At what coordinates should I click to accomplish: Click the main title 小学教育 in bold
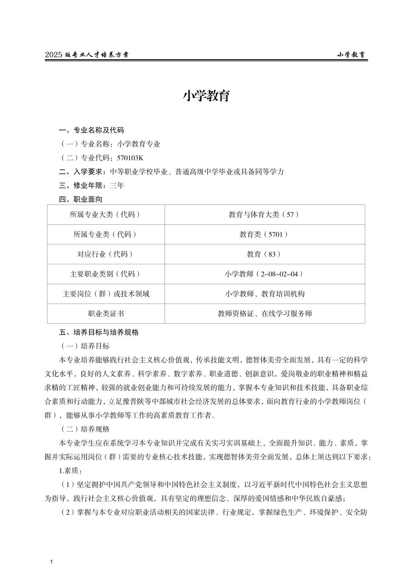pos(206,96)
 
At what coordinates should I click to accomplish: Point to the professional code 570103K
pos(130,157)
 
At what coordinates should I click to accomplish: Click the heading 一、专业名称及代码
pos(91,130)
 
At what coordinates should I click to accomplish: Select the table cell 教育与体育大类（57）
pos(264,215)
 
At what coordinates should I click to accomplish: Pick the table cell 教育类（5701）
pos(264,234)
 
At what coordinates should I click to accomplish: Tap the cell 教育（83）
pos(264,254)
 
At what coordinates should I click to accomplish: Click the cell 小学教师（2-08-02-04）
pos(264,274)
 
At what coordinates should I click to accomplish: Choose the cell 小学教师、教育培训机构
pos(264,294)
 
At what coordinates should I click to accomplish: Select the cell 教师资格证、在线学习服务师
pos(264,313)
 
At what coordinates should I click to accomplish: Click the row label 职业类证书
pos(106,313)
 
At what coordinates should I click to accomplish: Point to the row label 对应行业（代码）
pos(106,254)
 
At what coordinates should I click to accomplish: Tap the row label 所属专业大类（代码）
pos(106,215)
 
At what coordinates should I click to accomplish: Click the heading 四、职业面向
pos(80,199)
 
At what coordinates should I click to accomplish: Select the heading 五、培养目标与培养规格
pos(99,332)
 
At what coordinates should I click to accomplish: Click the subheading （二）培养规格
pos(84,429)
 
